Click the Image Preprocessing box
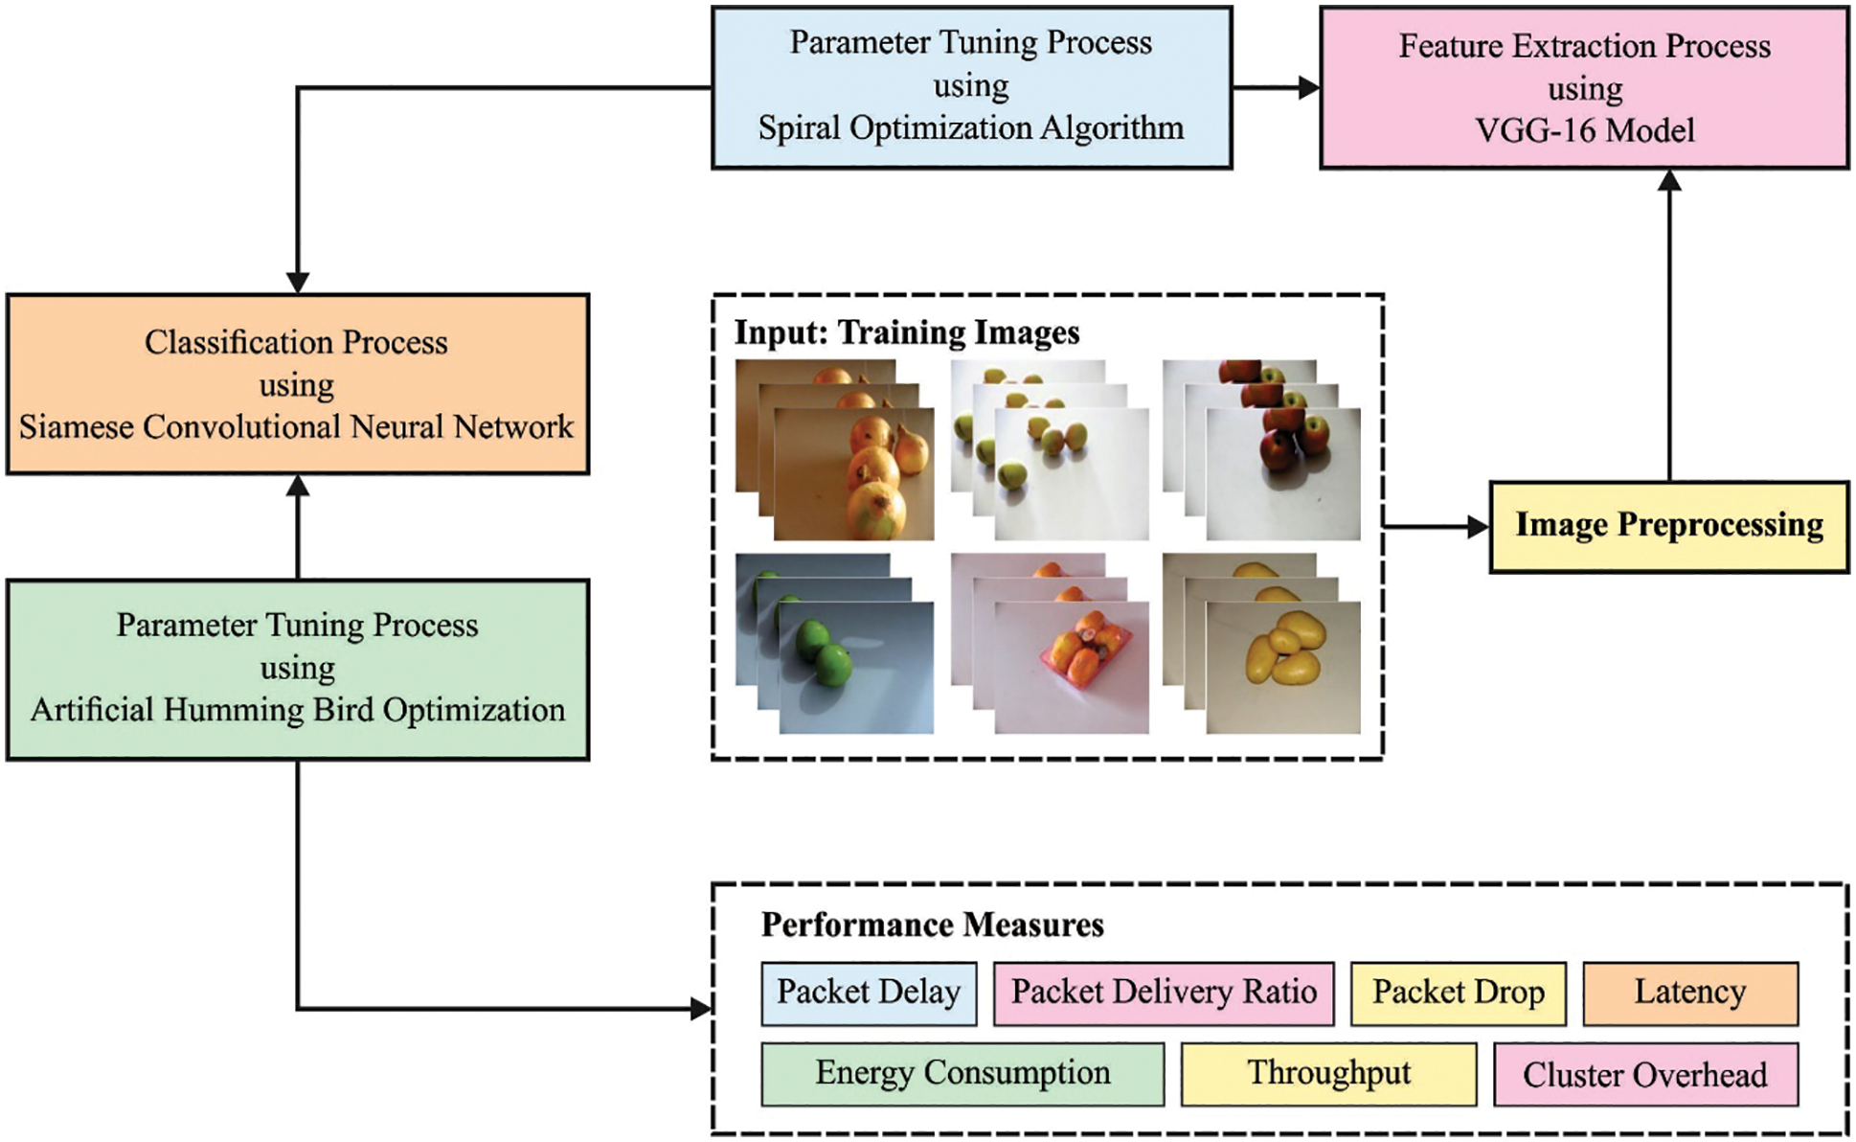click(1668, 526)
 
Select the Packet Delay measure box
click(869, 994)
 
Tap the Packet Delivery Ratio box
click(1163, 994)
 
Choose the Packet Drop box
click(1458, 994)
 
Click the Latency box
click(1689, 994)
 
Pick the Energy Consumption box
click(962, 1074)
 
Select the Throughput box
click(1328, 1074)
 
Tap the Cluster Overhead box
click(1645, 1075)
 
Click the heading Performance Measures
click(932, 925)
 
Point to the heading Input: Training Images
click(906, 332)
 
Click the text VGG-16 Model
click(1584, 130)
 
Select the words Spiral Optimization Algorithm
click(970, 127)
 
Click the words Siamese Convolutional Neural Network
click(296, 426)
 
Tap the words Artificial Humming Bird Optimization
click(297, 710)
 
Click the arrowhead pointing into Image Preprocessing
click(1479, 526)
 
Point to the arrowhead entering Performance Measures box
click(701, 1008)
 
